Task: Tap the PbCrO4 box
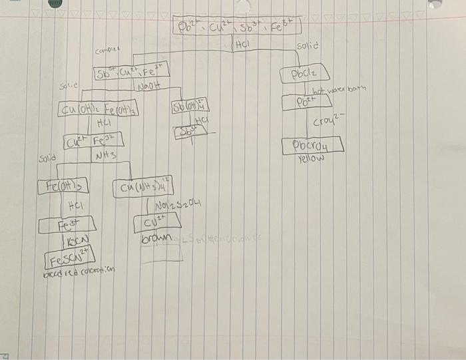312,145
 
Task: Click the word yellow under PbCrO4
310,159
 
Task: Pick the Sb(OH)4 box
190,106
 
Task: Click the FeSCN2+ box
69,256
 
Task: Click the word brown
156,238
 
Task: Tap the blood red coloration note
79,271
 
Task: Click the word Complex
107,51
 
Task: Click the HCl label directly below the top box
242,45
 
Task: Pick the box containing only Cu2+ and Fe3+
93,140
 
